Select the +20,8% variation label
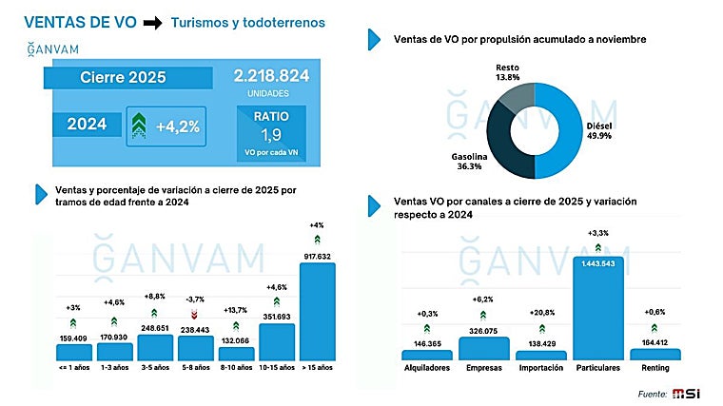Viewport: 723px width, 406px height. coord(541,313)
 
